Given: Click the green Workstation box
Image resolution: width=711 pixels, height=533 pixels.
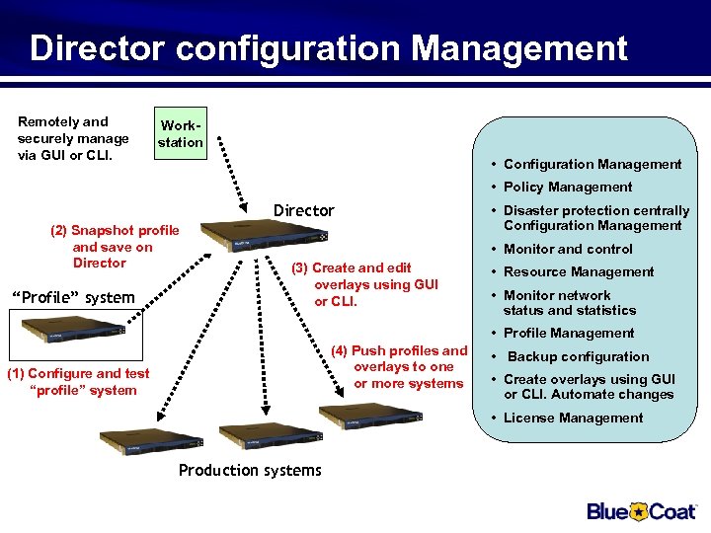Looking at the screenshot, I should pos(182,134).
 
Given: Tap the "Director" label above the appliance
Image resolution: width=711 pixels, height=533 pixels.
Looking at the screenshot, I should pos(303,210).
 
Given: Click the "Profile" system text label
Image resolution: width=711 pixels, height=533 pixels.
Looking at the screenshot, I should pos(71,297).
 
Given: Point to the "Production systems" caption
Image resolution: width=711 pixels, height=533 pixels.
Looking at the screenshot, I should pos(250,470).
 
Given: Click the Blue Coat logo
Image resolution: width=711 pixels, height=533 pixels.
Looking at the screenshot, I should pos(643,511).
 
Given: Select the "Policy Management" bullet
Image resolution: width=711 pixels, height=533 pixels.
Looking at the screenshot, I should pos(568,188).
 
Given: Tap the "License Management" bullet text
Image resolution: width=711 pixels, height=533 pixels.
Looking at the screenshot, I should pos(573,419).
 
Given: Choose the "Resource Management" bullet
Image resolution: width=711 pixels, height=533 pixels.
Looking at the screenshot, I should pos(579,272).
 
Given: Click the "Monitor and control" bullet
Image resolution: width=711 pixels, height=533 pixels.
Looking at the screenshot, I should pos(568,250).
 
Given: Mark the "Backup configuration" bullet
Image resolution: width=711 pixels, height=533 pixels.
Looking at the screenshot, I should pos(578,357).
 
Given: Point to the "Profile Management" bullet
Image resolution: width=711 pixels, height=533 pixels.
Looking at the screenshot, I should pos(569,334).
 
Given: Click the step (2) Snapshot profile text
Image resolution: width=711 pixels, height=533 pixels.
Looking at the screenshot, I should pos(115,247).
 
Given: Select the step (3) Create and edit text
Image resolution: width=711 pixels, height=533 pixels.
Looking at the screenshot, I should pos(364,284).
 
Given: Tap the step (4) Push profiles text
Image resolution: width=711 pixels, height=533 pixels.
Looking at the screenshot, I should pos(399,366).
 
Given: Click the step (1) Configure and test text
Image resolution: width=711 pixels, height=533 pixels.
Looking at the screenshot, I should pos(78,381).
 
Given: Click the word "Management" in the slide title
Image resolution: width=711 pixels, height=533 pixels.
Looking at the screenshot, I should pos(519,47).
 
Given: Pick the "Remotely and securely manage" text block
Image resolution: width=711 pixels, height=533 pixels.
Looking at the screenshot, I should pos(73,138).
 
